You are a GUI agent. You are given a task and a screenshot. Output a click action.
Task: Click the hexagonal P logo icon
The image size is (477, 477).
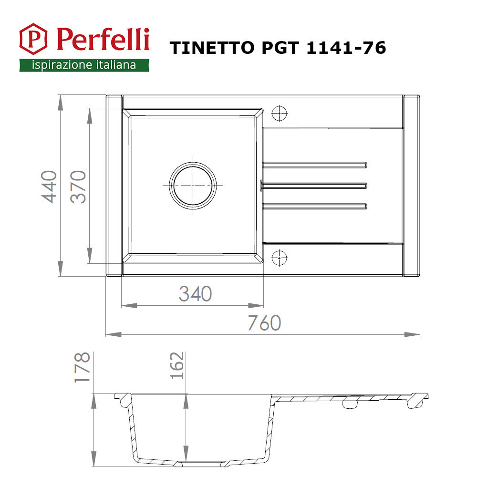coord(33,39)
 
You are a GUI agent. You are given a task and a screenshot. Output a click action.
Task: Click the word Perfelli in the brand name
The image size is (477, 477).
coord(103,40)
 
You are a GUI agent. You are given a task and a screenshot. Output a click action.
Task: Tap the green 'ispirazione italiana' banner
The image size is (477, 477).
coord(84,65)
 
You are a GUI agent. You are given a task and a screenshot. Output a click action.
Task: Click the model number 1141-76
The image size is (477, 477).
coord(346,48)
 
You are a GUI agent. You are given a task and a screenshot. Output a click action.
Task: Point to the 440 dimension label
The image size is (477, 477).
coord(49,187)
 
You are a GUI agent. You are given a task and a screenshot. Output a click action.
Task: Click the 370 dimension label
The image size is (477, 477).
coord(78,187)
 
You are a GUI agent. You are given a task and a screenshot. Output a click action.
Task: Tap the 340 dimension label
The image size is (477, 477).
coord(195,293)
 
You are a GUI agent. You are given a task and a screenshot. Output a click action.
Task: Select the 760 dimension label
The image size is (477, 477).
coord(264,323)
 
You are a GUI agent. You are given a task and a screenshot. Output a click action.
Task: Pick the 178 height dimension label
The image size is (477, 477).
coord(82,367)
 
